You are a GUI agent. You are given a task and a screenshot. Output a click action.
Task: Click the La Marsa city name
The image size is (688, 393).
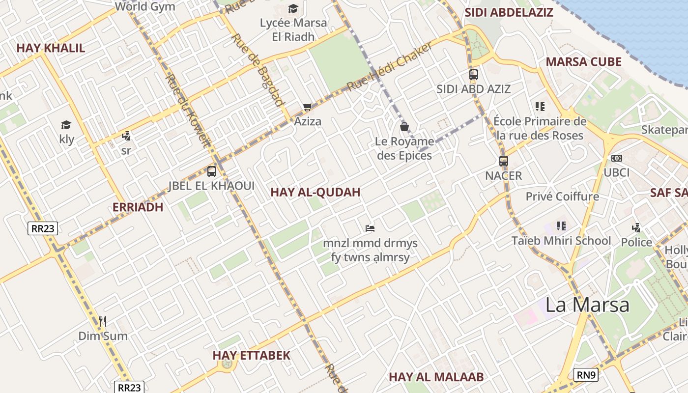[x=587, y=305]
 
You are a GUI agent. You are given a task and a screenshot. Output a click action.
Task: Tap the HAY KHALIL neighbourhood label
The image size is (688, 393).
[x=51, y=48]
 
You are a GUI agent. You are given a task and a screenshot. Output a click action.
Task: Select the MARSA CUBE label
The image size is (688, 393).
[x=584, y=62]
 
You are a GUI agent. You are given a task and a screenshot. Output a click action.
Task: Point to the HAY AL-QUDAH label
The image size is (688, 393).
[x=315, y=193]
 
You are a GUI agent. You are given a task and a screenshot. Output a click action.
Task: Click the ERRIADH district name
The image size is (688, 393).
[x=138, y=207]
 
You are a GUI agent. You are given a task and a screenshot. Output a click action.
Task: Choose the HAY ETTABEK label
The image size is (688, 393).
[x=251, y=355]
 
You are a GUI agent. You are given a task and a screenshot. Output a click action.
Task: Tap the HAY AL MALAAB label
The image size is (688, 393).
[x=436, y=377]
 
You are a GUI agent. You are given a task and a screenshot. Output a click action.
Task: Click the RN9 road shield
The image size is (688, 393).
[x=586, y=375]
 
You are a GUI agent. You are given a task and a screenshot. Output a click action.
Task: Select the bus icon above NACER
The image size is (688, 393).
[x=503, y=161]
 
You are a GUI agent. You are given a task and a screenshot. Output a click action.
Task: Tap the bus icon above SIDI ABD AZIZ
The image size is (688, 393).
[x=474, y=75]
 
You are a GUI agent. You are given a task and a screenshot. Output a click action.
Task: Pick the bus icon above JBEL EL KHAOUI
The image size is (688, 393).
[x=212, y=171]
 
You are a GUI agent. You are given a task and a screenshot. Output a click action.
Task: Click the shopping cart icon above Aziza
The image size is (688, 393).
[x=308, y=107]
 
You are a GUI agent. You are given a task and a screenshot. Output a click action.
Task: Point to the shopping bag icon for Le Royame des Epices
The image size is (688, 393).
[x=404, y=127]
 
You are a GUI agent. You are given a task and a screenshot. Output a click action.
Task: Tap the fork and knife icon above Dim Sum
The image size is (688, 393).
[x=103, y=321]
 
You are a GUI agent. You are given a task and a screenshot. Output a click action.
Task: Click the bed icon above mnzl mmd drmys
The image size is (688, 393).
[x=370, y=228]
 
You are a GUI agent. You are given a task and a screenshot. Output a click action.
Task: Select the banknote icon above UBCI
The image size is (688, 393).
[x=616, y=158]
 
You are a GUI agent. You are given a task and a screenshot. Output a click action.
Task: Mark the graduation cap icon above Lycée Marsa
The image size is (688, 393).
[x=293, y=8]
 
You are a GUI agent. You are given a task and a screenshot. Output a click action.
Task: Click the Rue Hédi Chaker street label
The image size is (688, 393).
[x=390, y=66]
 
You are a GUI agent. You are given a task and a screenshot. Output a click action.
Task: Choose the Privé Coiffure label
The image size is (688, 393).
[x=562, y=196]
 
